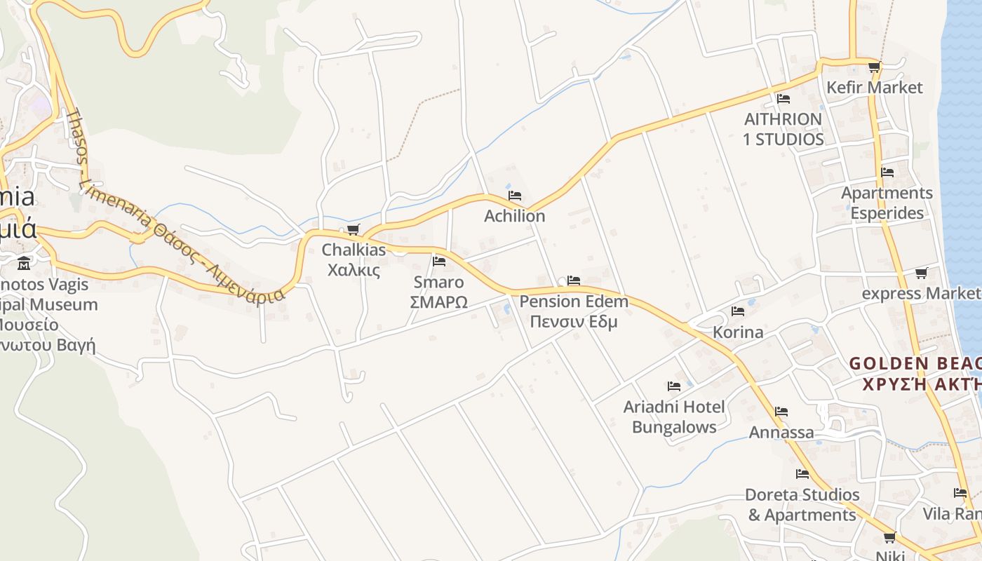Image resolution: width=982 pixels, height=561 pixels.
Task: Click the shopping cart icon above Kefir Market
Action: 874,67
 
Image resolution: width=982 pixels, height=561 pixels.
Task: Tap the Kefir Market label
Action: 875,88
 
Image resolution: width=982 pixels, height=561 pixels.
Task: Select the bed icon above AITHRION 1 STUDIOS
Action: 783,99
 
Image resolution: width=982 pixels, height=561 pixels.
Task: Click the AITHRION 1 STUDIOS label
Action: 783,129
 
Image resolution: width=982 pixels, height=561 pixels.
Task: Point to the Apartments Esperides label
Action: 887,203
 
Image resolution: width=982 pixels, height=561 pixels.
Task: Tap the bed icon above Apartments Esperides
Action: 887,172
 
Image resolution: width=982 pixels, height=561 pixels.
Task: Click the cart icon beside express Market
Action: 921,273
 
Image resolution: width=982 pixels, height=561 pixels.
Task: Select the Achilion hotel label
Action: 514,216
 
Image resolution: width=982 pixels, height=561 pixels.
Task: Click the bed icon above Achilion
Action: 515,196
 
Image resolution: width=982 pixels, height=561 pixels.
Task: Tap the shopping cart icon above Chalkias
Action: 354,229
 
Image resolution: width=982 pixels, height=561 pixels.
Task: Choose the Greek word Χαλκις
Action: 354,270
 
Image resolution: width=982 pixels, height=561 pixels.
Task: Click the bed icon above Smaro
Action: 439,262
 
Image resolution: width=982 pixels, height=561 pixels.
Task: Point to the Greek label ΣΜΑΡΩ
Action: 438,302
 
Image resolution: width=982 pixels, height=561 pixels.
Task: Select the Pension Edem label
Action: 574,302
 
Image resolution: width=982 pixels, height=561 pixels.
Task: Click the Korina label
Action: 738,332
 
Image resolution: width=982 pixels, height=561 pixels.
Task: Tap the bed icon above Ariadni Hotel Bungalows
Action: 674,386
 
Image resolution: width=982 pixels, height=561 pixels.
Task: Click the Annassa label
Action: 781,432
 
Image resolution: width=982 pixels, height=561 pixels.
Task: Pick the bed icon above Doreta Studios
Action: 802,474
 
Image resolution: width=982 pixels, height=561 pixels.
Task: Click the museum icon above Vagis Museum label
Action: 25,264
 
